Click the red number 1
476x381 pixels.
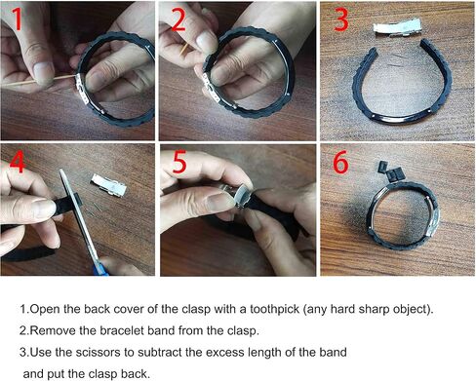18,19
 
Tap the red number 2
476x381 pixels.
178,19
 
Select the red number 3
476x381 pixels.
341,19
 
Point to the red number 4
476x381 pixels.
18,162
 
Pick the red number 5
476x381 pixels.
179,162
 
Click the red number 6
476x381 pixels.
340,162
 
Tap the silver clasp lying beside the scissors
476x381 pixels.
108,185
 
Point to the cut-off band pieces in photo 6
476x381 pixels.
392,171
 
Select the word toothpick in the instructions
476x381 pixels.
274,309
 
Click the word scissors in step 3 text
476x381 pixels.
98,352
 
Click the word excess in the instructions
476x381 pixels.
225,352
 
